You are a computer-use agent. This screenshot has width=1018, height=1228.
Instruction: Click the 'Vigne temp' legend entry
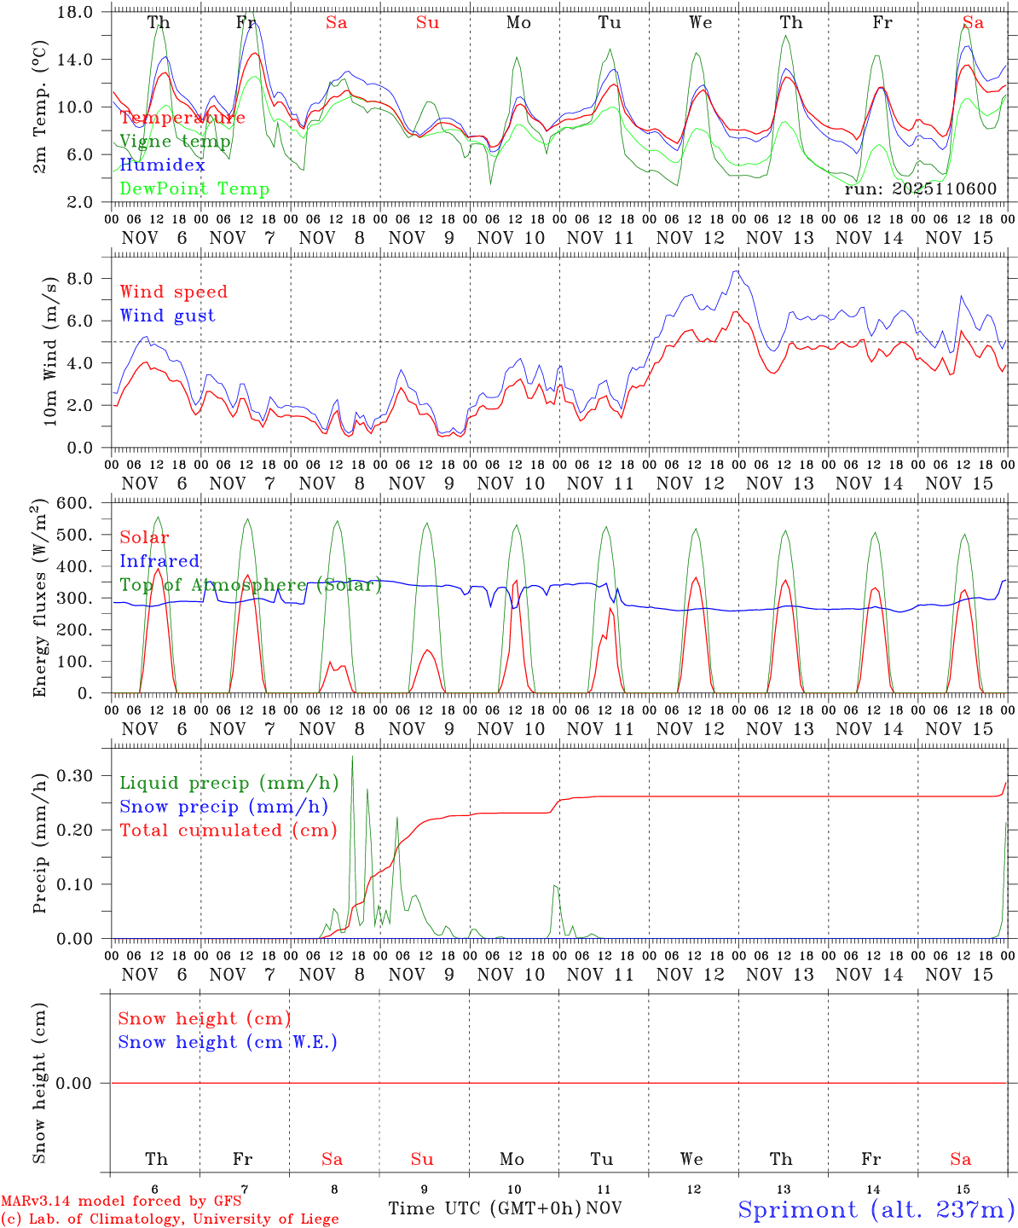175,142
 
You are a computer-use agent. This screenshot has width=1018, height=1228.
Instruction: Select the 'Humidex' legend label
162,165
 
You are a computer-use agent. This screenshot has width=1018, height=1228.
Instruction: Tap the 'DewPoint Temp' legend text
194,189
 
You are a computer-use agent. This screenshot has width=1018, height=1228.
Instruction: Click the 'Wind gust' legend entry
167,316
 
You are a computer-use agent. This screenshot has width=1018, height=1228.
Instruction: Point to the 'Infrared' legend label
159,561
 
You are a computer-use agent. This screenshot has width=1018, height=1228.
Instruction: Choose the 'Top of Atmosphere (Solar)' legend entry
251,585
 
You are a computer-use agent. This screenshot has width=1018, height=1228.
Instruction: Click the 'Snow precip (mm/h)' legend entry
223,807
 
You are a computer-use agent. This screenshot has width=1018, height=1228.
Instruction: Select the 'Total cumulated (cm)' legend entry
228,831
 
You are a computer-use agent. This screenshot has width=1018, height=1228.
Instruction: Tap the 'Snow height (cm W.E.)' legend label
228,1042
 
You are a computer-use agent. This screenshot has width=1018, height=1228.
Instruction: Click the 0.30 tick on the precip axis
75,775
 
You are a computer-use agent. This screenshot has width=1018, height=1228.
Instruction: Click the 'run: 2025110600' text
920,189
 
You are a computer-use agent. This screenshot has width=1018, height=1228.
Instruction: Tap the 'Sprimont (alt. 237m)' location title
876,1209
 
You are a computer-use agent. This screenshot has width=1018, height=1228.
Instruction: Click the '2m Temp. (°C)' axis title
39,107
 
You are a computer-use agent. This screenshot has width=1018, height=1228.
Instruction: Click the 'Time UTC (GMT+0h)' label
484,1208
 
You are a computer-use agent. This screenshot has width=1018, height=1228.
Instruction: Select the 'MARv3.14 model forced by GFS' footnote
120,1202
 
